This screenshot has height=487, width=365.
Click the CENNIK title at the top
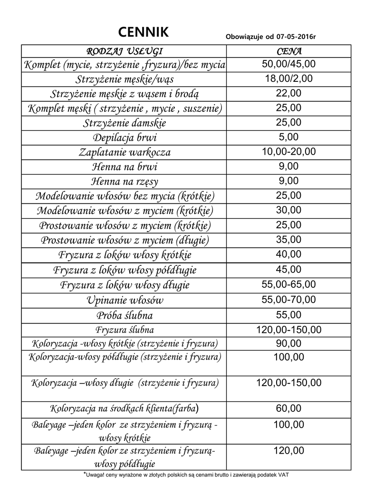(143, 32)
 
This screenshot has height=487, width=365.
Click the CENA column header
(288, 51)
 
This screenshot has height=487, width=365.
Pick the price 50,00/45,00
(288, 64)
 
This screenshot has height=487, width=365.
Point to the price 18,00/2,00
(288, 78)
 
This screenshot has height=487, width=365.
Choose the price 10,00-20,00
(288, 152)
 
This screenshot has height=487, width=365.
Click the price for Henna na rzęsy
(288, 181)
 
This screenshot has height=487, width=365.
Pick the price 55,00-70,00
(288, 299)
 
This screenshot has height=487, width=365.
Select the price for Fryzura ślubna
(288, 330)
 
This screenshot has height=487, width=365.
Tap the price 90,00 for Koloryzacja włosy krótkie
(288, 343)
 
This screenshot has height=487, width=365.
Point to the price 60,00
(288, 408)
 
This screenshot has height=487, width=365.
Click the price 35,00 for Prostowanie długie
(288, 239)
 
